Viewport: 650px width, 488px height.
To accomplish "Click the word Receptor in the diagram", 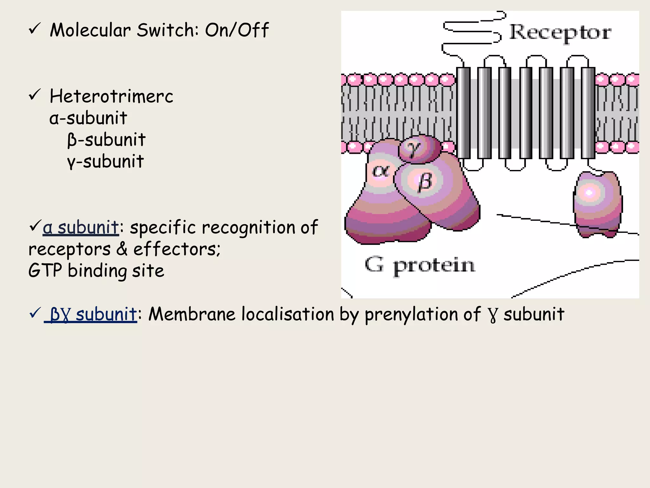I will [x=560, y=32].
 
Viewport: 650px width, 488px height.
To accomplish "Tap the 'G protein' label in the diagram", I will [x=420, y=266].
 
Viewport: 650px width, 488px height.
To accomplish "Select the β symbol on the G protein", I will [x=425, y=182].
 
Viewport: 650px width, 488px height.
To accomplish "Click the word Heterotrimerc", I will [x=111, y=96].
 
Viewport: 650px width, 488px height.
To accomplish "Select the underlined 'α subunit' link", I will [x=81, y=227].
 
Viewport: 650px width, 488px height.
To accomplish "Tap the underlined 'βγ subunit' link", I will [x=93, y=314].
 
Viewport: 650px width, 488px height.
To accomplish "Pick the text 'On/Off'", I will [x=237, y=30].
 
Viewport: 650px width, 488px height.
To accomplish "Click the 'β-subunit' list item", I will [x=106, y=140].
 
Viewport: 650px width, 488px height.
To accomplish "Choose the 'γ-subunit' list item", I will [x=105, y=161].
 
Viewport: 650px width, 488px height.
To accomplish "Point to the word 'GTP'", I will [x=45, y=271].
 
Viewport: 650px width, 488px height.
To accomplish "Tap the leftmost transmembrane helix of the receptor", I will [x=463, y=113].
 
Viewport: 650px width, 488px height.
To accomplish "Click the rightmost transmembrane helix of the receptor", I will [x=588, y=113].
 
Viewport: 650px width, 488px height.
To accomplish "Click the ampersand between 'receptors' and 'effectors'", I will [x=122, y=249].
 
